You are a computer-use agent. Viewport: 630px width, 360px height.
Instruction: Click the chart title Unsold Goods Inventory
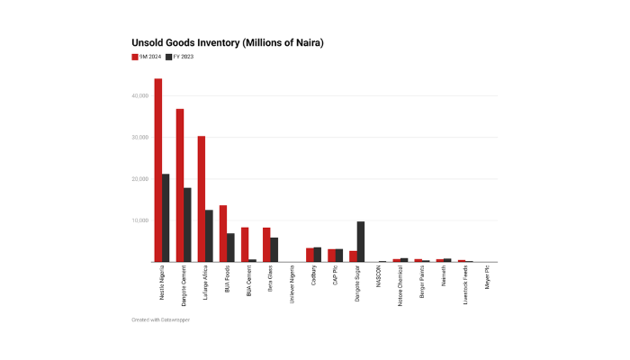(227, 43)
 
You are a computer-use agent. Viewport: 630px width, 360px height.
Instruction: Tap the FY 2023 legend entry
(180, 57)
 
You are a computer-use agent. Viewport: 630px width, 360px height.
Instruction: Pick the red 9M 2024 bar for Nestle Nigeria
(158, 170)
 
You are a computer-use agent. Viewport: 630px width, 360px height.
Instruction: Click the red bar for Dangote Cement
(180, 185)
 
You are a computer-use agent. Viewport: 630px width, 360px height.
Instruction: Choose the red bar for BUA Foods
(223, 234)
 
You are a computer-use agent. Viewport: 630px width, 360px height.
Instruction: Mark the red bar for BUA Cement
(245, 245)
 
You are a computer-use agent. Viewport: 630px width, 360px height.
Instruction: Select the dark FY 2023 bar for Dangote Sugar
(361, 241)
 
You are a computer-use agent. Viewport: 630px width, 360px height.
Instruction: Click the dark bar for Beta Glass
(274, 250)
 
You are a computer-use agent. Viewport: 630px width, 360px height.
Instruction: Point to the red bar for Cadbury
(310, 255)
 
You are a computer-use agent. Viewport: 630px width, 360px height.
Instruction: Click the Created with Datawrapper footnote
(160, 320)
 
